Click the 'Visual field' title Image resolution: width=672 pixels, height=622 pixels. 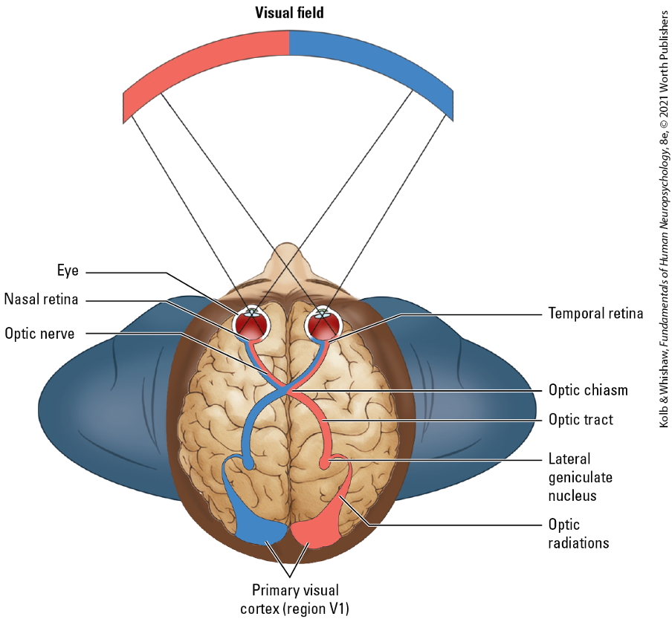[x=289, y=13]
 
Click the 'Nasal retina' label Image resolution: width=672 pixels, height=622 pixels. [x=41, y=299]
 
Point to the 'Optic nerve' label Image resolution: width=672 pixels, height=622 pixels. [x=39, y=334]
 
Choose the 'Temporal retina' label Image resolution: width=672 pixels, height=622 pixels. [x=595, y=313]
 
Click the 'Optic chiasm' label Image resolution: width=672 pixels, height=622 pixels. [x=588, y=389]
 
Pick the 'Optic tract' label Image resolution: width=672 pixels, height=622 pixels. [x=581, y=420]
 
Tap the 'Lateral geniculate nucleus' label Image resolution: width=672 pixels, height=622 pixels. [x=581, y=476]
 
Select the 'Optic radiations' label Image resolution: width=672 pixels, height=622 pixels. [x=578, y=534]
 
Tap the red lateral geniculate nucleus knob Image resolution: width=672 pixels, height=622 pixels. [x=325, y=464]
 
